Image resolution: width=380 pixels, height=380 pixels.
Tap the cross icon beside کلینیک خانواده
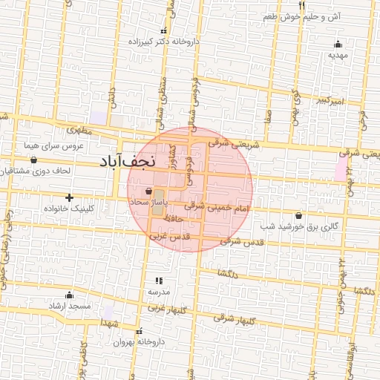(x=69, y=197)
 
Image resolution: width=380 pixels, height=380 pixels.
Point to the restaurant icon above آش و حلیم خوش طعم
(x=301, y=5)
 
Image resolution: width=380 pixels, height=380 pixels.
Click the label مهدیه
(x=338, y=55)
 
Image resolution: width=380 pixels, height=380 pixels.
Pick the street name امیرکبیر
(x=327, y=99)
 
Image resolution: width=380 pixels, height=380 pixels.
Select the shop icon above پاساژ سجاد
(x=150, y=191)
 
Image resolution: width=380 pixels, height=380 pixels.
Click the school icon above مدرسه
(x=158, y=281)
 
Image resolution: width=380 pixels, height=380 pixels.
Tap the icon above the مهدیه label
(x=338, y=43)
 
